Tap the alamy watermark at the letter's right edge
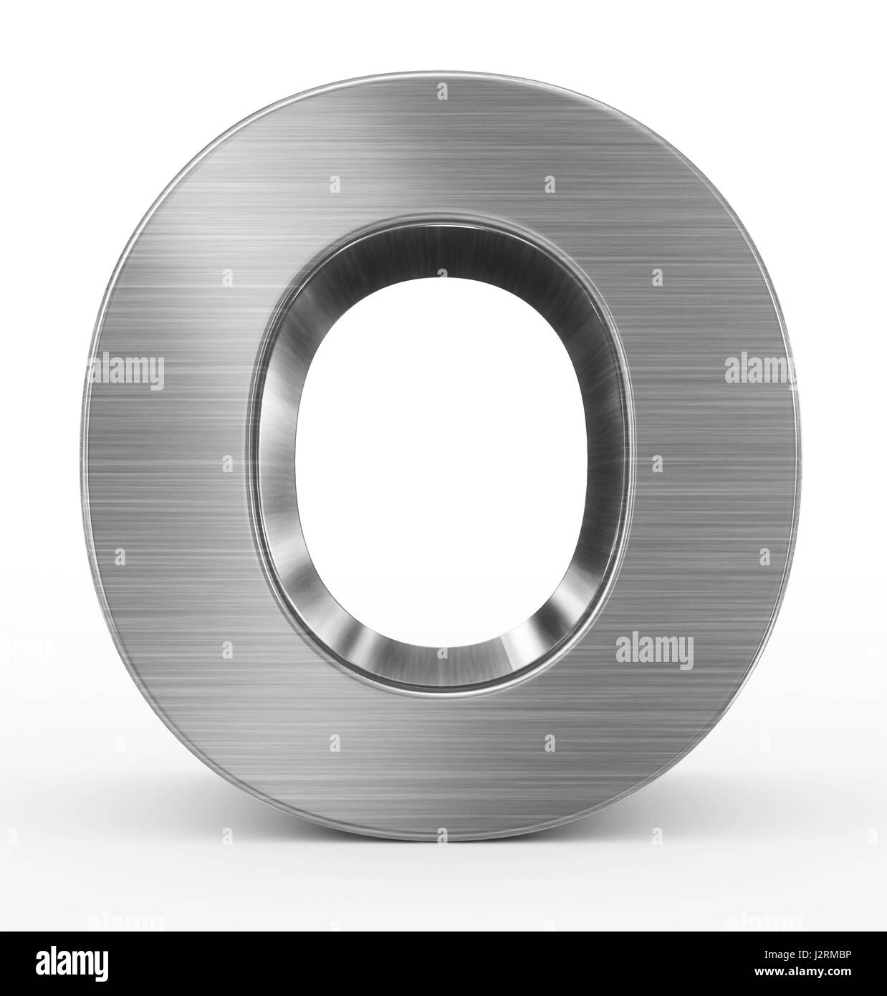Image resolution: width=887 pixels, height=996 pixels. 759,370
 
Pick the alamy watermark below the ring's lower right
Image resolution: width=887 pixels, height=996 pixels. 654,651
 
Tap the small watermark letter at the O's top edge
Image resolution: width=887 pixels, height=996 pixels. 442,91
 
